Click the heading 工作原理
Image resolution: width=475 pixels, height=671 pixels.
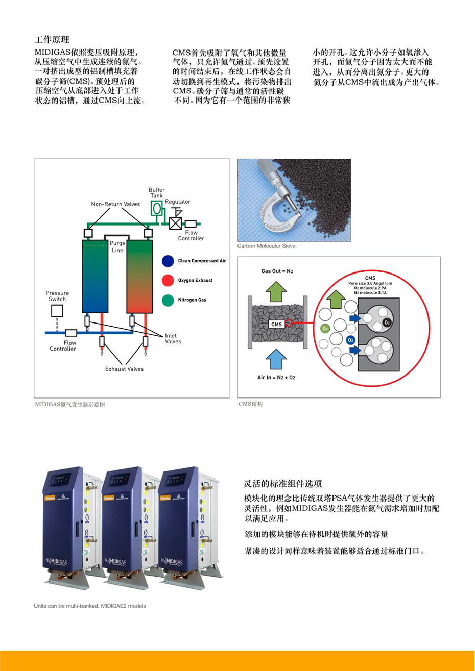(x=52, y=39)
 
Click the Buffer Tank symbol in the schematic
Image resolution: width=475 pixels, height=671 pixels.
(x=156, y=208)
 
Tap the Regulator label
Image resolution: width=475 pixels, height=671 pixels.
(x=177, y=202)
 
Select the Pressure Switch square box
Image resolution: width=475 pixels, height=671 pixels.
(x=57, y=310)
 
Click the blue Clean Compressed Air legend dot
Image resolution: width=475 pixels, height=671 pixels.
(x=168, y=261)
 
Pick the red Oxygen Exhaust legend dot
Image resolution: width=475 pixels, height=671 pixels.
(x=168, y=280)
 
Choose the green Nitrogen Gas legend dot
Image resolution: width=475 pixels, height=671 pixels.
(x=168, y=300)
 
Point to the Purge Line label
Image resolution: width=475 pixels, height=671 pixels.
(x=117, y=246)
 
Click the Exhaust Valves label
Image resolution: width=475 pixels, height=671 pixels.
(x=124, y=369)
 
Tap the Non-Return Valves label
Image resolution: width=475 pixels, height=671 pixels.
(x=115, y=204)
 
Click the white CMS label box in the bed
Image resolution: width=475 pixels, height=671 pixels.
(x=276, y=324)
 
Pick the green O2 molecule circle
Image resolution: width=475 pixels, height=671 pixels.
(x=324, y=328)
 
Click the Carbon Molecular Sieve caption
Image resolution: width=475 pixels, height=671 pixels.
(x=266, y=246)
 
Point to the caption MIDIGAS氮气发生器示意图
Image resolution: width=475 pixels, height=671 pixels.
(x=69, y=404)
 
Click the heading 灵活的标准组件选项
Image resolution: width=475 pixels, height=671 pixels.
(x=282, y=484)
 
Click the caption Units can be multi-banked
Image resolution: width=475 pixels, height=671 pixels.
(x=90, y=606)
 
